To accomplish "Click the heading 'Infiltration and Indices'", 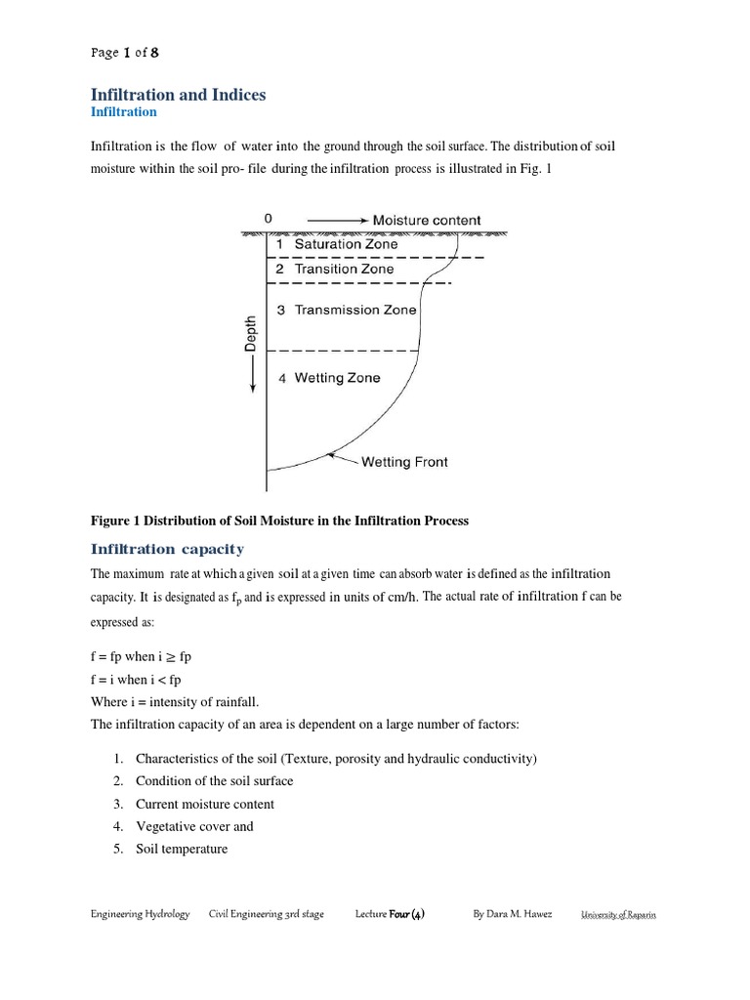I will pos(178,95).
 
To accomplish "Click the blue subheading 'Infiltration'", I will pos(123,112).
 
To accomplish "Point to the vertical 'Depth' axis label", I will pos(251,333).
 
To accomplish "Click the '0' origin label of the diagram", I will pos(269,220).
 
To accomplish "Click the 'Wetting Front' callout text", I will pos(404,462).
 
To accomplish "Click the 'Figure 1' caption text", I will pos(279,521).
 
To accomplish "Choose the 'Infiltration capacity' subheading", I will pos(167,549).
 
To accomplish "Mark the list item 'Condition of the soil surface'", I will pos(214,781).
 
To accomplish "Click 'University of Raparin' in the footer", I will pos(618,915).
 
